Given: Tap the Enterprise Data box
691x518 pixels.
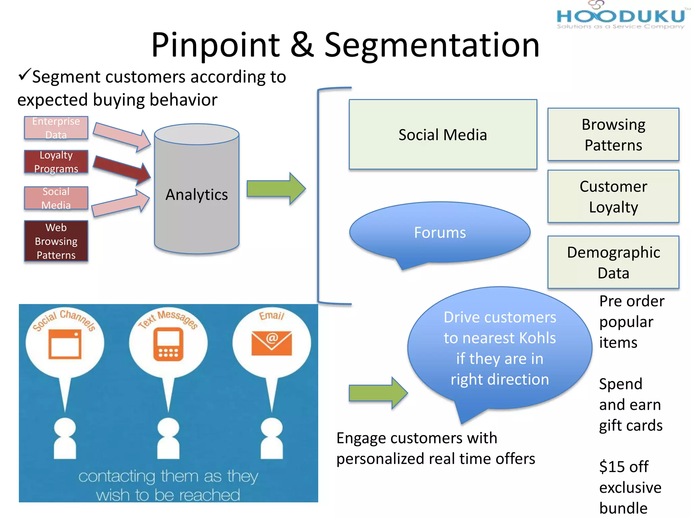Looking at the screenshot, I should point(56,128).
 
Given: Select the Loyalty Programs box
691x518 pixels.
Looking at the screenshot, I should point(56,162).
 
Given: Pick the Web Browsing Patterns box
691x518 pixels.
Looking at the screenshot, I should point(56,241).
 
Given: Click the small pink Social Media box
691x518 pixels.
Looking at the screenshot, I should point(56,198).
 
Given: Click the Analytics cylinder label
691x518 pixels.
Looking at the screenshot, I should point(196,195).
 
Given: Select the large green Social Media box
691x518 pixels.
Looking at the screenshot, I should point(443,134).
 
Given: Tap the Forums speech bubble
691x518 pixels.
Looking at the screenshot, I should point(440,233).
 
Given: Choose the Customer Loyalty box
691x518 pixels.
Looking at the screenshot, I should point(613,196).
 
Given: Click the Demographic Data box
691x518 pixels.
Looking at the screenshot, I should point(613,262).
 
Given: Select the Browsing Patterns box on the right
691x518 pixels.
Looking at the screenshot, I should point(613,134).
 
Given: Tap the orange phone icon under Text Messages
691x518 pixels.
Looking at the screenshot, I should point(168,344).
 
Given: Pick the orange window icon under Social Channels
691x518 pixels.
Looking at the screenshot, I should point(65,344).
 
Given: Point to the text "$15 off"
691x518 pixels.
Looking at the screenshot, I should point(624,467).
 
